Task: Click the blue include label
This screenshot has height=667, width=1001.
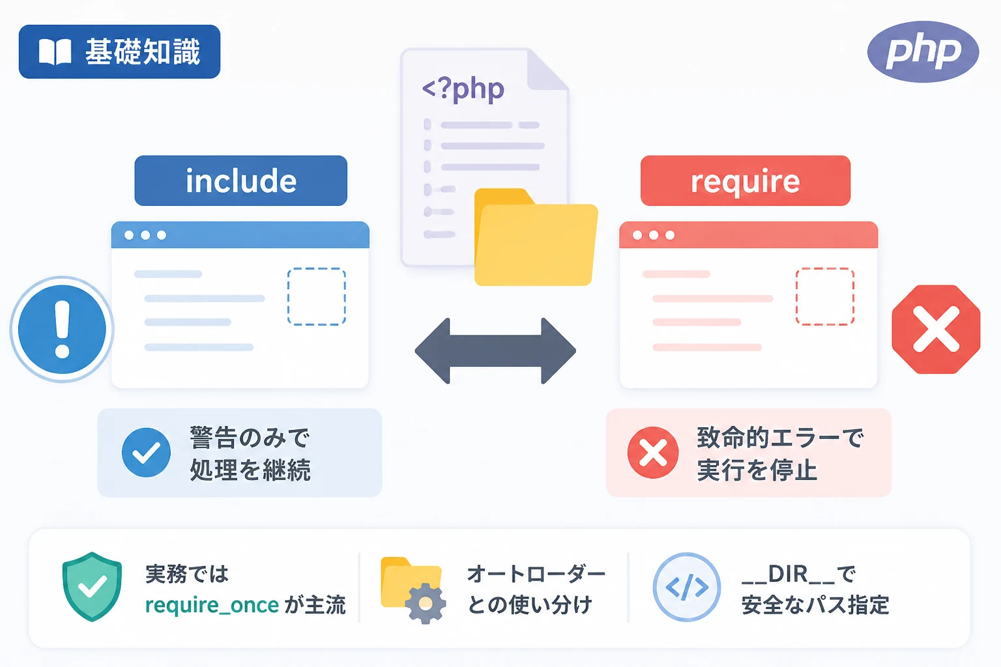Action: point(241,180)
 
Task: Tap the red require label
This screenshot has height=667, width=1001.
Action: point(746,180)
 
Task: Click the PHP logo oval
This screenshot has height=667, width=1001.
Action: point(923,52)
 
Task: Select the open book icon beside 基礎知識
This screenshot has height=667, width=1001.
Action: point(55,52)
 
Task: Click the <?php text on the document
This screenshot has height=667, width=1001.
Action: point(463,89)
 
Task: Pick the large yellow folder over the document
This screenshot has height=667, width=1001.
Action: point(536,237)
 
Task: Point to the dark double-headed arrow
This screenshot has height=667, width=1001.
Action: point(495,351)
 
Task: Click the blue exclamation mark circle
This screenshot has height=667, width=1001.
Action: point(62,329)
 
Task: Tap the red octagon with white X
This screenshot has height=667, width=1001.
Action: point(936,329)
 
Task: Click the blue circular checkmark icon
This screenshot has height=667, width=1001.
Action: point(146,453)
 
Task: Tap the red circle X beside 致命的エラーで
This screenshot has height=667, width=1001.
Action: point(653,453)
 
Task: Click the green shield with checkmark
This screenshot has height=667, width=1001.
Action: point(92,587)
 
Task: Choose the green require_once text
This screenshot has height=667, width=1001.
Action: point(212,605)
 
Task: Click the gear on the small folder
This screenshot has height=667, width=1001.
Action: point(426,604)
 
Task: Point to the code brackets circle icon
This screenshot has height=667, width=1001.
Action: point(687,587)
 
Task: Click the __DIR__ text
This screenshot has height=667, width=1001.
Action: point(788,575)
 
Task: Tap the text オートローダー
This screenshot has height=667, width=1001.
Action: point(536,574)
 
